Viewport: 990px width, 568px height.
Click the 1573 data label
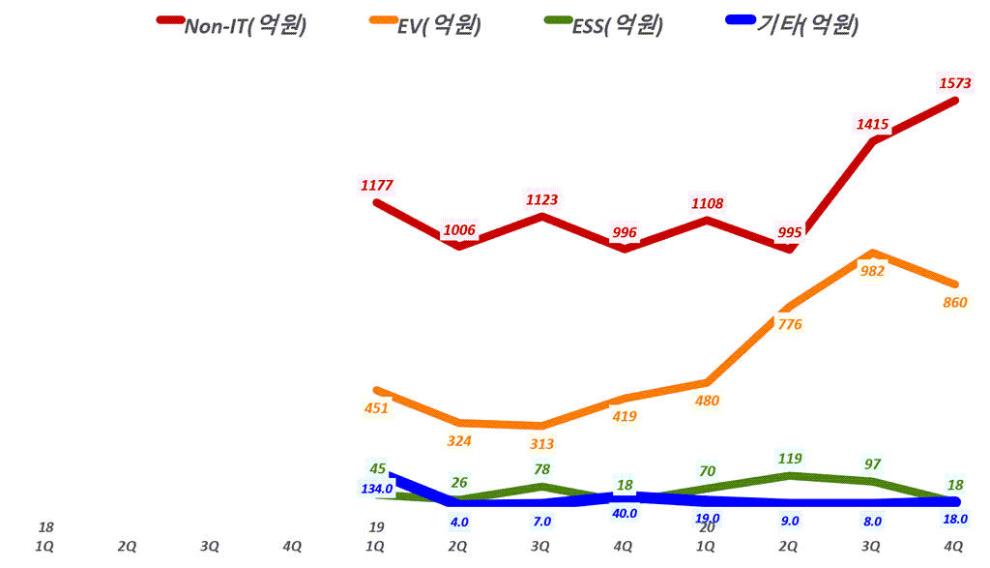coord(954,84)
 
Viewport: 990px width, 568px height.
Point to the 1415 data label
coord(872,124)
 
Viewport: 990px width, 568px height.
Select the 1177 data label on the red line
coord(376,185)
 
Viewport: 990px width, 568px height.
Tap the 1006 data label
coord(459,230)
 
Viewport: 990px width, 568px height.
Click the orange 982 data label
coord(872,272)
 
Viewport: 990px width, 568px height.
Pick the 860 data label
coord(954,303)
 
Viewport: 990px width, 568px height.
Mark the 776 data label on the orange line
coord(789,324)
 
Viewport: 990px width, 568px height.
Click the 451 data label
coord(376,408)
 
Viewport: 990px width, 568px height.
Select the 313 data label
coord(541,444)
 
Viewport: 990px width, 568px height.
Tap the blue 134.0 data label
coord(376,489)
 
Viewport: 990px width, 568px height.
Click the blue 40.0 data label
coord(625,513)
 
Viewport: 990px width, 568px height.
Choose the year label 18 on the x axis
coord(45,528)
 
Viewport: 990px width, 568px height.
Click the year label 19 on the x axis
coord(376,528)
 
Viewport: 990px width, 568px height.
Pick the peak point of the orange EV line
coord(873,253)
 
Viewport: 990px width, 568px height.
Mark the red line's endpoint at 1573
coord(956,99)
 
